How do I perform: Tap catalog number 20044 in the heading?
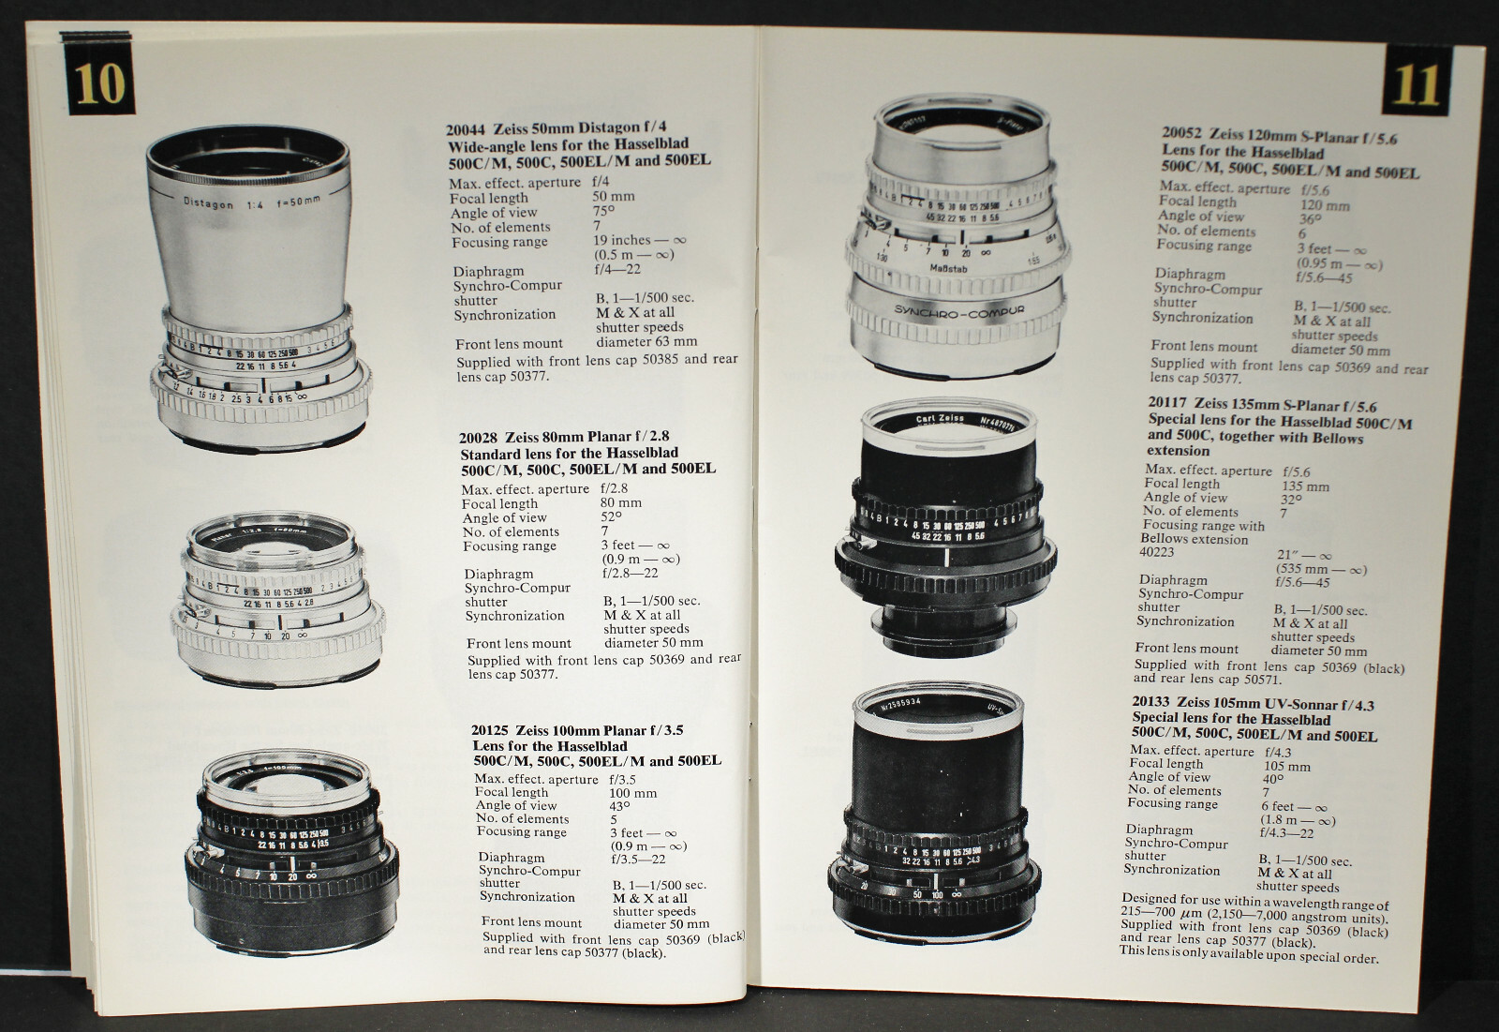(467, 128)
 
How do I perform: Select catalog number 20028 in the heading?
(479, 438)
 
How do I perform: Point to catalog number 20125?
(491, 730)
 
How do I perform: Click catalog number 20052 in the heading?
(1182, 133)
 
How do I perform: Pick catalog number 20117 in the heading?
(1167, 402)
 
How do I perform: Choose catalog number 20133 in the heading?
(1151, 701)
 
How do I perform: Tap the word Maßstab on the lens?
(948, 269)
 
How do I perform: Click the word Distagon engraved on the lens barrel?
(207, 202)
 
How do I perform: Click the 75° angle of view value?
(603, 212)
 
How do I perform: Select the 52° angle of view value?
(611, 517)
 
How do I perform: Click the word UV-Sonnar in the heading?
(1295, 704)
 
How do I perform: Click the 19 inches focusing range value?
(622, 240)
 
